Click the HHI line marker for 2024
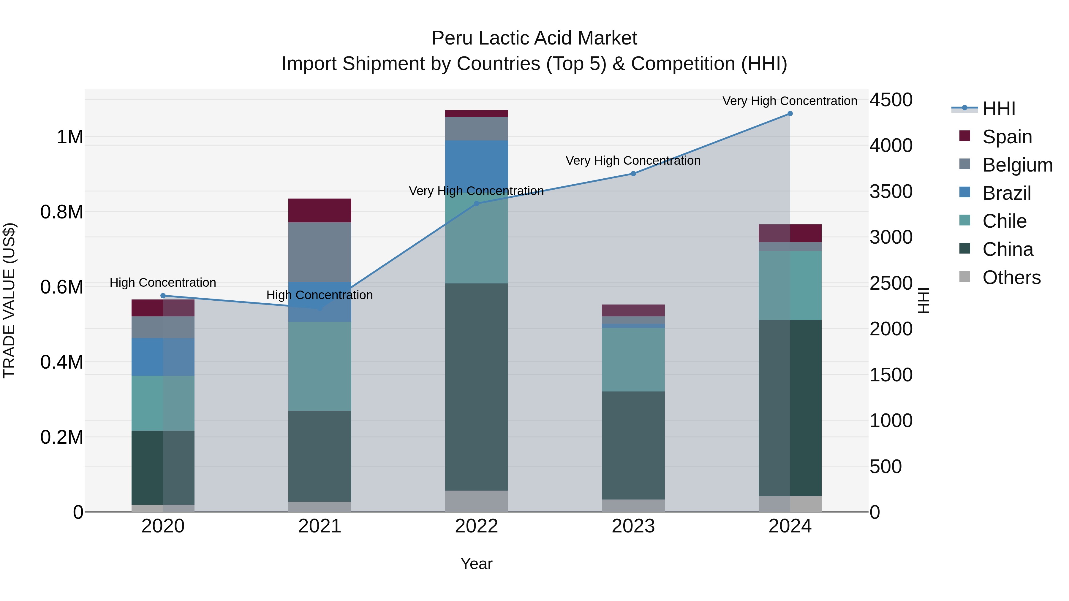click(x=790, y=114)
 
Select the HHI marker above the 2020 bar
click(x=163, y=296)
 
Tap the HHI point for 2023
click(x=633, y=174)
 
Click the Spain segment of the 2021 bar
click(x=320, y=210)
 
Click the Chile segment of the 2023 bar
click(x=633, y=360)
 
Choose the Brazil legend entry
click(x=1006, y=193)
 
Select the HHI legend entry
click(x=998, y=109)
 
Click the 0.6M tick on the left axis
click(x=62, y=287)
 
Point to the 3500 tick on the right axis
click(x=891, y=192)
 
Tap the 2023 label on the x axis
click(x=633, y=526)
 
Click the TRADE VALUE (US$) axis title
click(x=9, y=300)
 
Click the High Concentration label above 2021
click(x=320, y=295)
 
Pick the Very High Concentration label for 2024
click(x=789, y=101)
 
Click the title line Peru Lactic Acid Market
click(x=534, y=38)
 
